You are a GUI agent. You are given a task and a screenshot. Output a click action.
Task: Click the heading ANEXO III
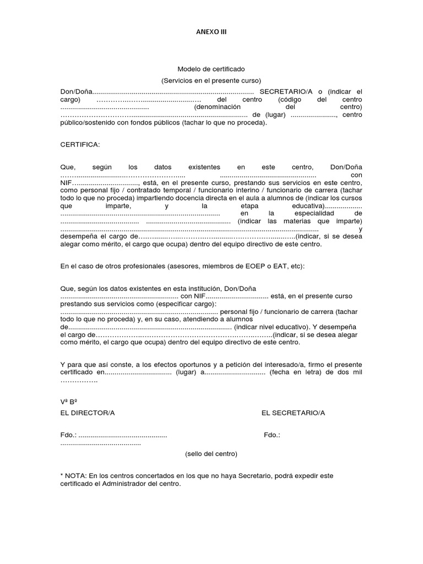tap(211, 32)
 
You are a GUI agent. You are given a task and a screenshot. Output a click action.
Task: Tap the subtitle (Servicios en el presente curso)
tap(211, 80)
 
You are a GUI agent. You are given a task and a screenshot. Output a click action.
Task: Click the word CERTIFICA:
tap(80, 144)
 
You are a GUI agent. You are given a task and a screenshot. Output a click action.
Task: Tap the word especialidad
tap(316, 213)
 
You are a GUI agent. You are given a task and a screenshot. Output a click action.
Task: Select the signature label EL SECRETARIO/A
tap(293, 413)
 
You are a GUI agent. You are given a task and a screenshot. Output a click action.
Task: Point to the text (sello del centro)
tap(211, 454)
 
